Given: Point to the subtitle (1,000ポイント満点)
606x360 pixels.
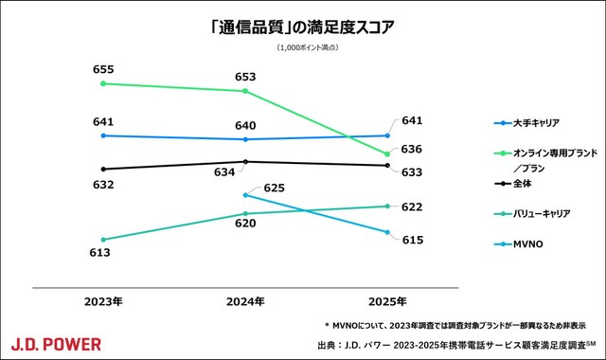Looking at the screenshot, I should tap(302, 47).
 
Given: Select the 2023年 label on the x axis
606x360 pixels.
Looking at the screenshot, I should tap(102, 301).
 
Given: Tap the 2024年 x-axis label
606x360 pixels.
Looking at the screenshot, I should tap(245, 301).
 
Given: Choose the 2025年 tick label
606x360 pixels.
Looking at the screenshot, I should tap(388, 301).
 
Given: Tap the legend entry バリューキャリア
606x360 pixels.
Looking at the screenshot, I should tap(543, 214).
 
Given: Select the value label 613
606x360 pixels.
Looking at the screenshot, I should tap(100, 253).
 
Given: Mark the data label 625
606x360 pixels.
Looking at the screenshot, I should tap(274, 189).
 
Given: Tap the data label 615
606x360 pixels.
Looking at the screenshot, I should tap(412, 240).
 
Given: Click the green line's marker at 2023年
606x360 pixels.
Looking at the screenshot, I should tap(102, 83).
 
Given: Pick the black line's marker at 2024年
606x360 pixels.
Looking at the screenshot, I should tap(245, 162).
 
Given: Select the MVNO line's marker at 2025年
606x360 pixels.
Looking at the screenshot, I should tap(388, 233).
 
